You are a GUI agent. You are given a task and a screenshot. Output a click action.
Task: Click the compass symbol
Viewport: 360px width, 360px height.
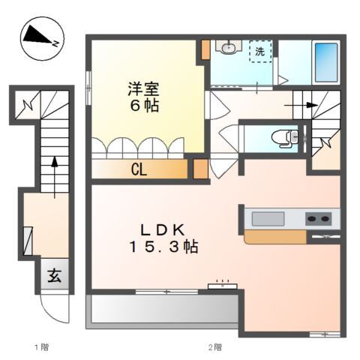pos(42,37)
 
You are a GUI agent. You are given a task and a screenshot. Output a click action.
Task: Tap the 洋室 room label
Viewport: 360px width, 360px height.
pos(141,88)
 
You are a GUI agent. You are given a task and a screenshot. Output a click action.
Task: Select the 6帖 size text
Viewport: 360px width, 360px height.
pos(142,105)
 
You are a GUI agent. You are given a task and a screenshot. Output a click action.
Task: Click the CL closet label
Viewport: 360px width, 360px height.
pos(139,169)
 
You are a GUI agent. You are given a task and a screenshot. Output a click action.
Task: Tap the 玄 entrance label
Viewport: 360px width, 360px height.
pos(55,275)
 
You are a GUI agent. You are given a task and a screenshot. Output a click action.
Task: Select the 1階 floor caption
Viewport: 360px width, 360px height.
pos(40,346)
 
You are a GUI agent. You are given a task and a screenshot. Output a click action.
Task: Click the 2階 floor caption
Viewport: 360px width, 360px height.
pos(215,346)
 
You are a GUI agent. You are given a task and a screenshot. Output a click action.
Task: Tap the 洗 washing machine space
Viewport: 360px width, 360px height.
pos(259,52)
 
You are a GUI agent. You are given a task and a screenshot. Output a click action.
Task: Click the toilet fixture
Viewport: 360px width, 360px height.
pos(286,137)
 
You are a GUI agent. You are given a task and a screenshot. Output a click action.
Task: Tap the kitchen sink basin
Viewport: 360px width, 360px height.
pos(268,218)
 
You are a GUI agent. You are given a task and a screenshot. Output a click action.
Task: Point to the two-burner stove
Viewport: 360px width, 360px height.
pos(318,218)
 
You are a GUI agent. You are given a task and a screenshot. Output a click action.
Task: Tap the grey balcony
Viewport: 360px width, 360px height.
pos(161,307)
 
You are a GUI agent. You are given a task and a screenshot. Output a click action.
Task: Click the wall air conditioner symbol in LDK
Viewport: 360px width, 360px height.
pos(223,286)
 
